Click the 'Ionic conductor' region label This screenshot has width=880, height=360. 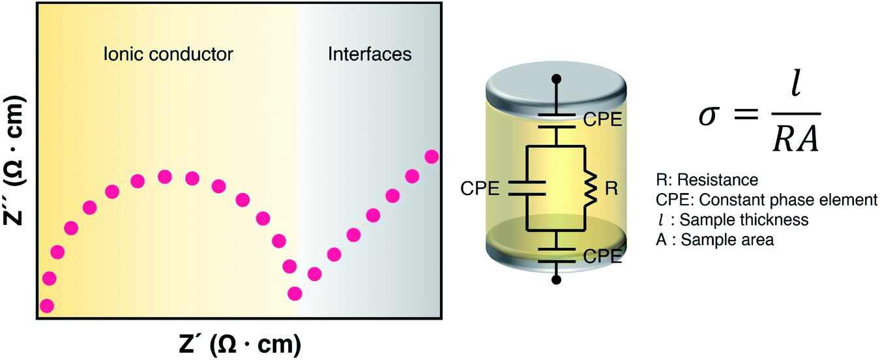(168, 53)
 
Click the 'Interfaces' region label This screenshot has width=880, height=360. (369, 53)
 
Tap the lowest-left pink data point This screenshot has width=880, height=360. (47, 305)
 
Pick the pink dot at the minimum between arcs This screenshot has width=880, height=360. (295, 293)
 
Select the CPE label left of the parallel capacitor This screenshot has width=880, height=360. (480, 190)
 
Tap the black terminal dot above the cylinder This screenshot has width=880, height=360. (556, 80)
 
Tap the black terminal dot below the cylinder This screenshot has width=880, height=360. (556, 280)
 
